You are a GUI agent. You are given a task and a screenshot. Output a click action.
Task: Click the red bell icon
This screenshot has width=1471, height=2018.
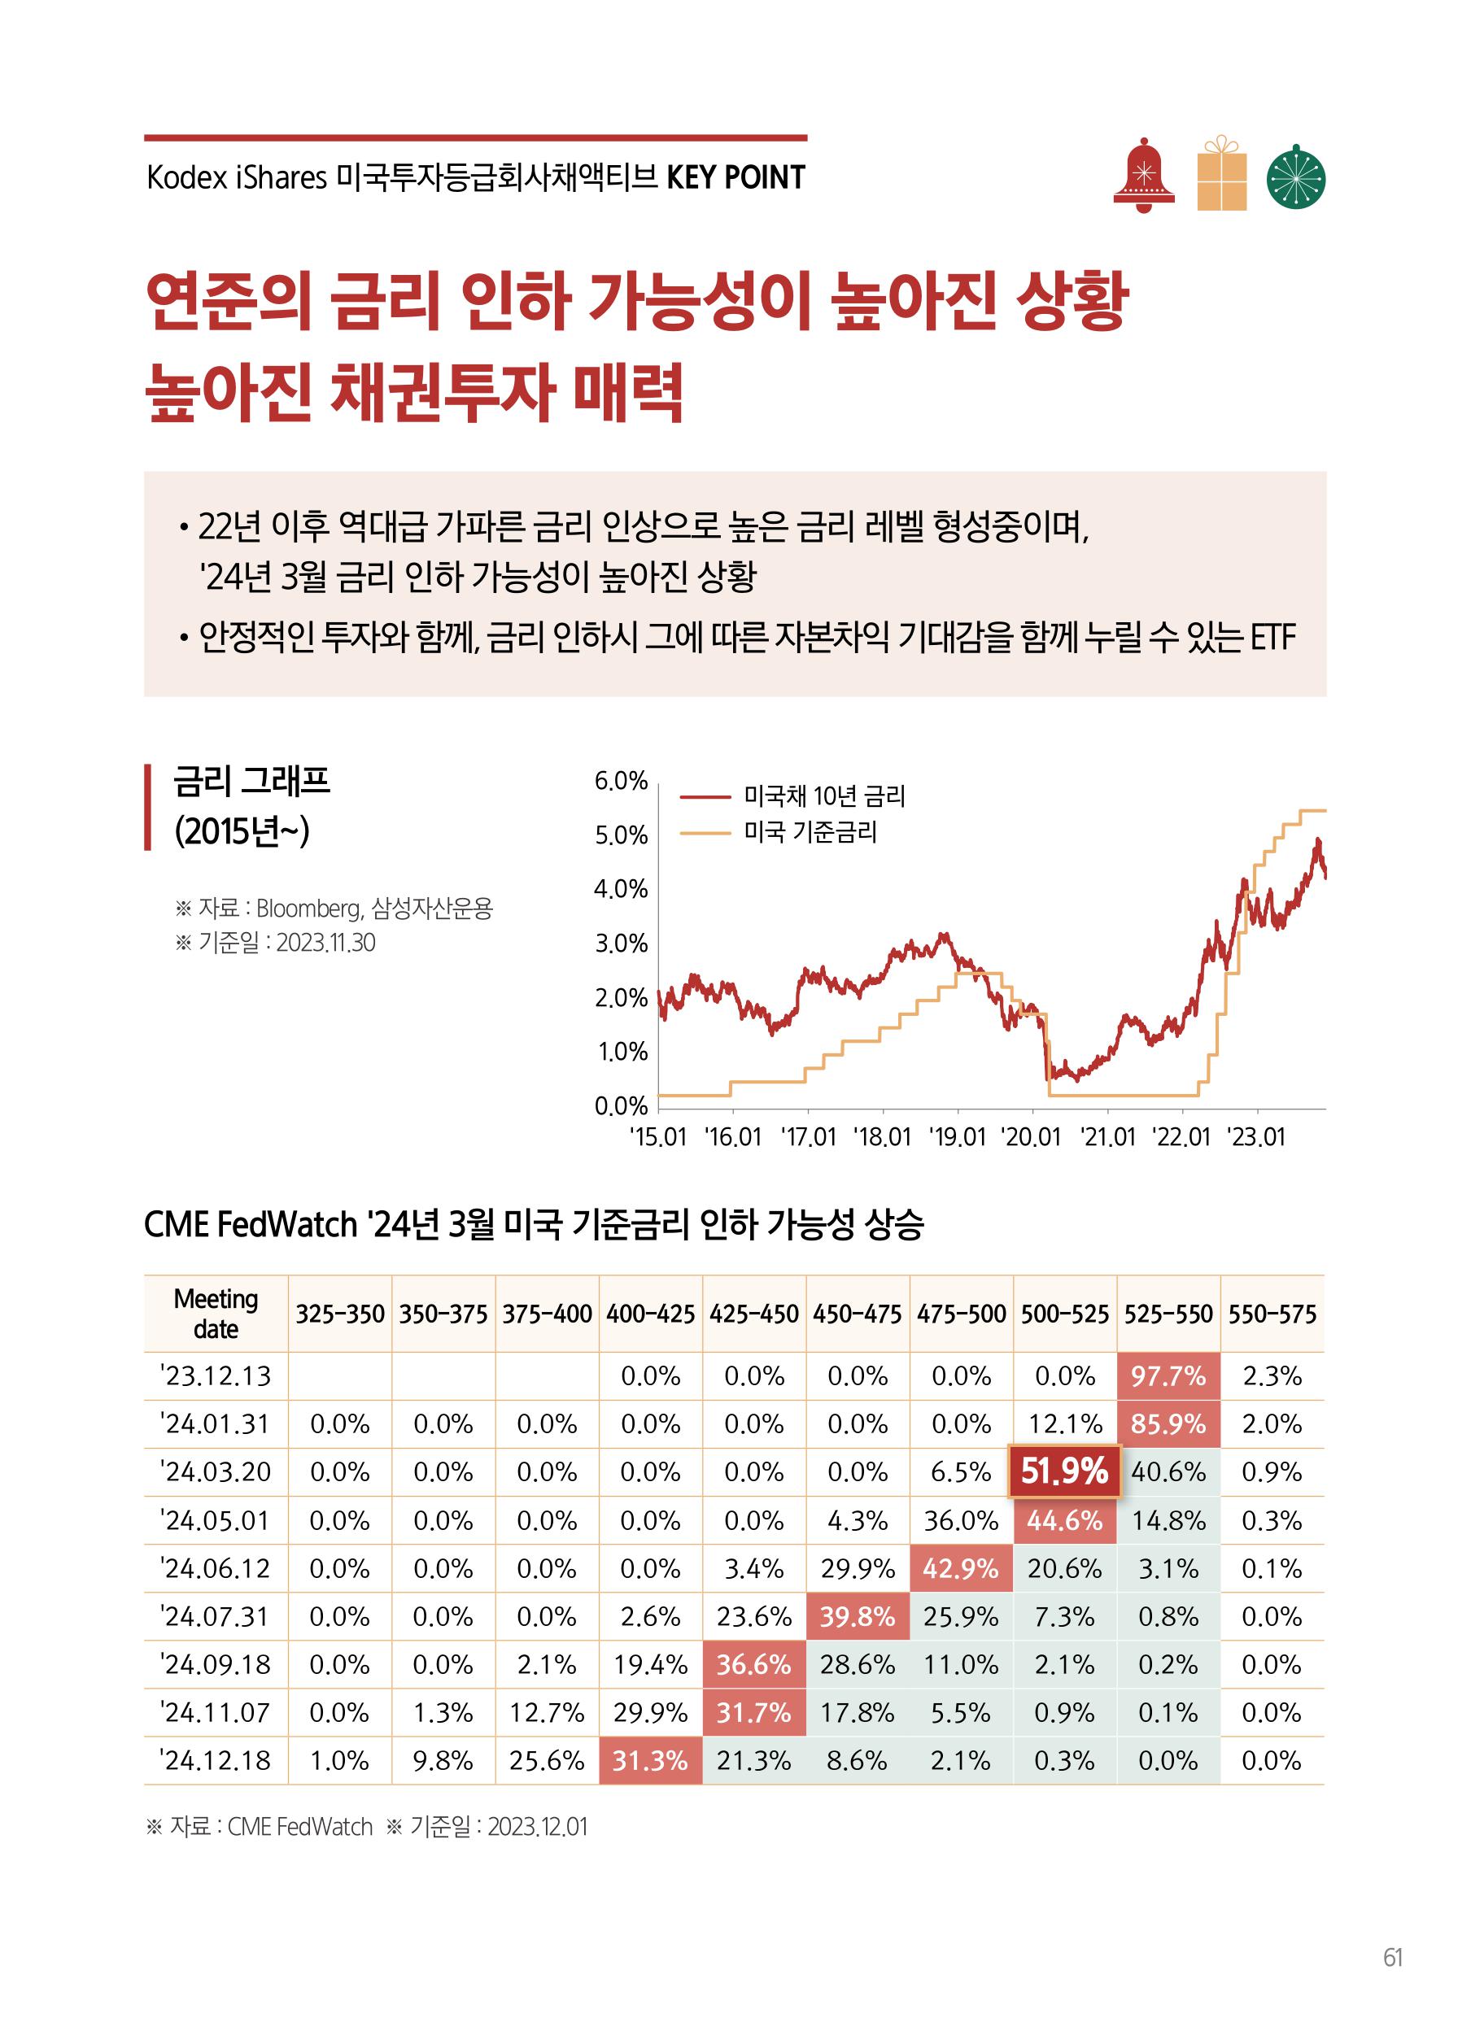pyautogui.click(x=1144, y=177)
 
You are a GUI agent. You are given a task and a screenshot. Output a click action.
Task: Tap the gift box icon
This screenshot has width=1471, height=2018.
pyautogui.click(x=1222, y=175)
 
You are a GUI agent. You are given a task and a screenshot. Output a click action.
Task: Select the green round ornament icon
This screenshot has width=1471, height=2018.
pyautogui.click(x=1295, y=177)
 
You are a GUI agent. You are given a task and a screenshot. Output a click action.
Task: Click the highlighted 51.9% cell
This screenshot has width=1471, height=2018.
pyautogui.click(x=1064, y=1471)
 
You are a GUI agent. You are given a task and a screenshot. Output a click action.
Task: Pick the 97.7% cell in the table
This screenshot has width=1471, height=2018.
pyautogui.click(x=1168, y=1376)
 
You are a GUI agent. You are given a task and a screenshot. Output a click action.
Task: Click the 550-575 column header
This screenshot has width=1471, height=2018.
pyautogui.click(x=1272, y=1314)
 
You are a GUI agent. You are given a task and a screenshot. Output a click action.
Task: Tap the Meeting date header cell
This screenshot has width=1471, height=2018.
pyautogui.click(x=216, y=1314)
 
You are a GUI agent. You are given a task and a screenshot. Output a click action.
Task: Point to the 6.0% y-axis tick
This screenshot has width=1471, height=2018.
pyautogui.click(x=621, y=782)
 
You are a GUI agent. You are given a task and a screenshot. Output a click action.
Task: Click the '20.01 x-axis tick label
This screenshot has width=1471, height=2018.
pyautogui.click(x=1031, y=1138)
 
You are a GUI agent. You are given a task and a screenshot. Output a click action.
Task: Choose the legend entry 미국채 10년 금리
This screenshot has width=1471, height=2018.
pyautogui.click(x=823, y=795)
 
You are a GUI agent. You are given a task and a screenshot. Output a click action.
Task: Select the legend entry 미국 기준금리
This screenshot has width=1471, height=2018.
pyautogui.click(x=810, y=832)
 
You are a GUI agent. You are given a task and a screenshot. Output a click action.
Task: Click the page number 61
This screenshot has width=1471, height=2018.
pyautogui.click(x=1394, y=1958)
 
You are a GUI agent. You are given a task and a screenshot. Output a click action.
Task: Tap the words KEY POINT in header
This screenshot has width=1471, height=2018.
pyautogui.click(x=735, y=178)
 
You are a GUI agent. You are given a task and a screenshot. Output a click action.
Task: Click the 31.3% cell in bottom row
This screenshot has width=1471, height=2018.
pyautogui.click(x=650, y=1761)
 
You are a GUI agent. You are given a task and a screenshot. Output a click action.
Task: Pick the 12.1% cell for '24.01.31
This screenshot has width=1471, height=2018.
pyautogui.click(x=1065, y=1424)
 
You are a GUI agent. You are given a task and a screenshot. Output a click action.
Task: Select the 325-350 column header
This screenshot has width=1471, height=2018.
pyautogui.click(x=340, y=1314)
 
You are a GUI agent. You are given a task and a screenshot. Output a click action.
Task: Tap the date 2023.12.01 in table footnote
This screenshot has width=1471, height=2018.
pyautogui.click(x=537, y=1827)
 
